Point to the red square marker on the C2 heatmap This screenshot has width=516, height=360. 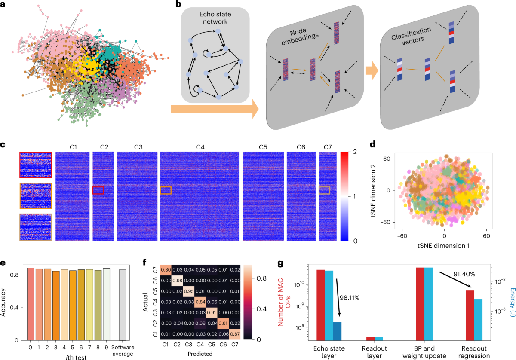click(98, 190)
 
